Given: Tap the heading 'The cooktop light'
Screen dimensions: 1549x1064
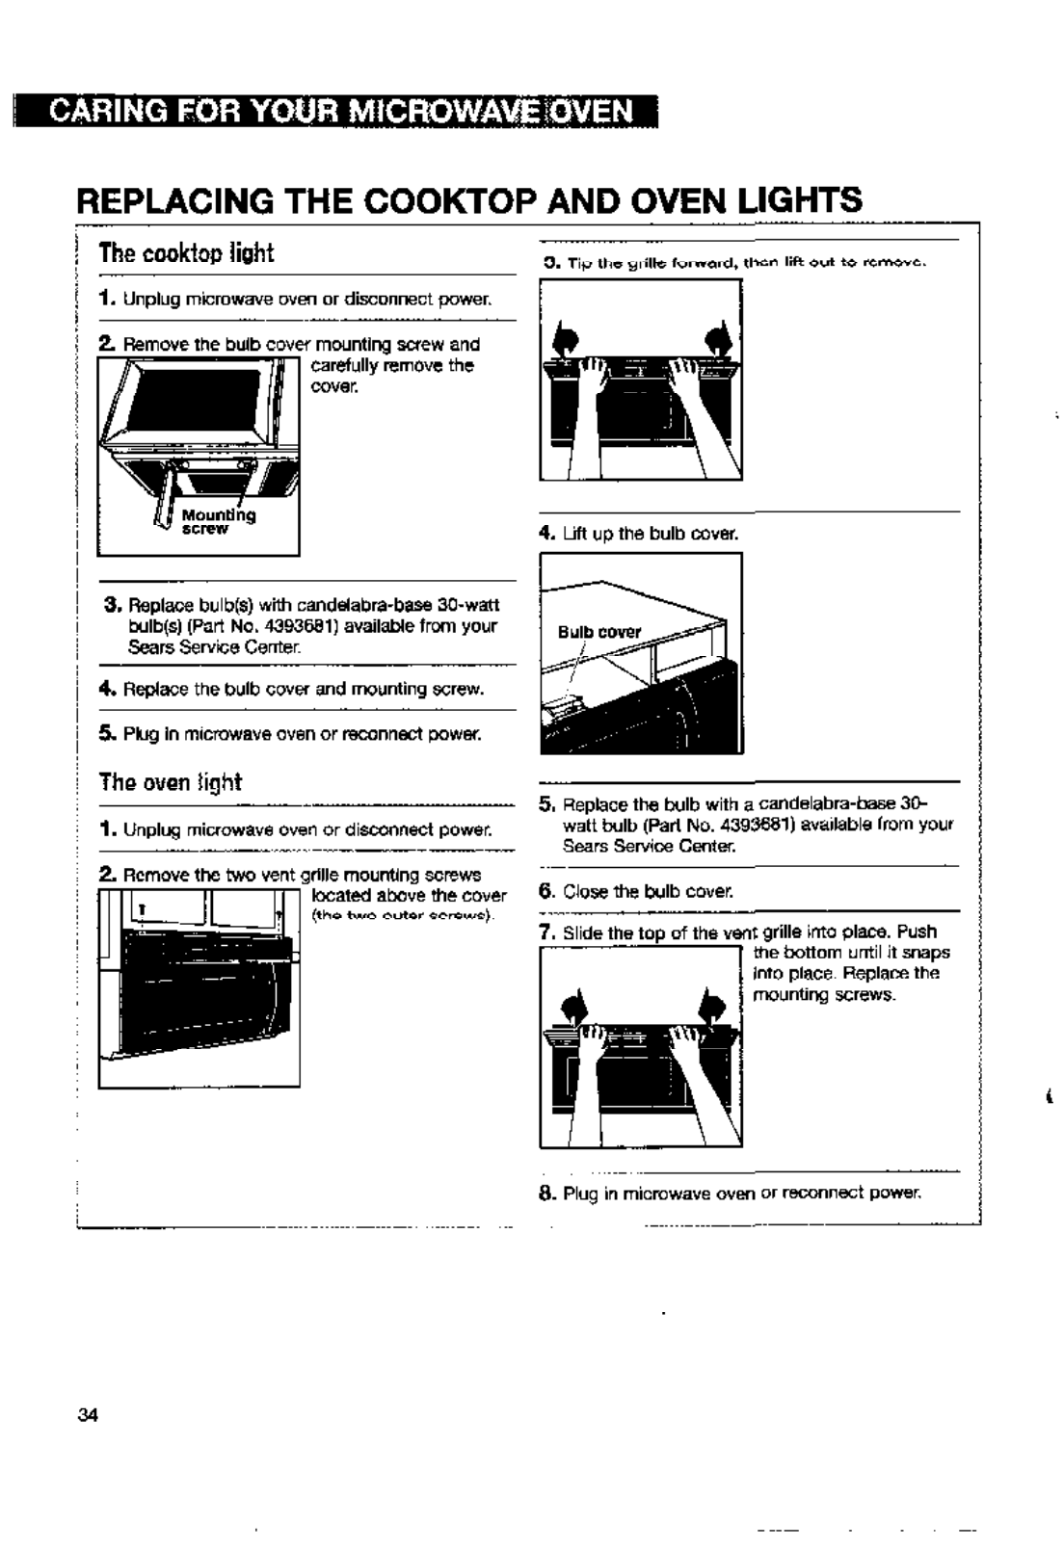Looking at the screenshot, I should (186, 253).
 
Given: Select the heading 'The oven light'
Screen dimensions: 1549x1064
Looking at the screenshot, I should (170, 781).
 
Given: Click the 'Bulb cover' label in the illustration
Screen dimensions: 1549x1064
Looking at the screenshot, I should (599, 632).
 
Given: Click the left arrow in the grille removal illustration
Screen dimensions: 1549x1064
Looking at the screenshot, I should (568, 340).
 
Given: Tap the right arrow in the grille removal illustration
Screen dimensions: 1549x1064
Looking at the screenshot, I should (716, 340).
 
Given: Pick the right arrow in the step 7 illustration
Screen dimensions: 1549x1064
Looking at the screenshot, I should (712, 1007).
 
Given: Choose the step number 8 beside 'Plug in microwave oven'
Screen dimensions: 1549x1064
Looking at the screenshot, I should (545, 1193).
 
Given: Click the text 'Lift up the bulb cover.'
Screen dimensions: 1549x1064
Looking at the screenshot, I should (651, 533).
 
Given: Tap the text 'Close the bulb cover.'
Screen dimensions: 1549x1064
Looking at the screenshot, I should (648, 891).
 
